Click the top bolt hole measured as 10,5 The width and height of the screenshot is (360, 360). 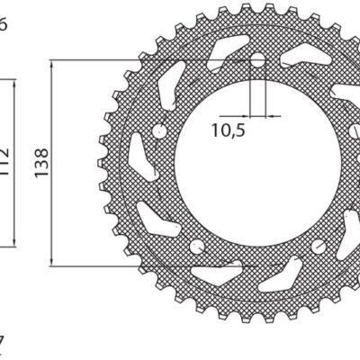(x=258, y=61)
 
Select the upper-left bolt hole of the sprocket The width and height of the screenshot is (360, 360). (x=159, y=133)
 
